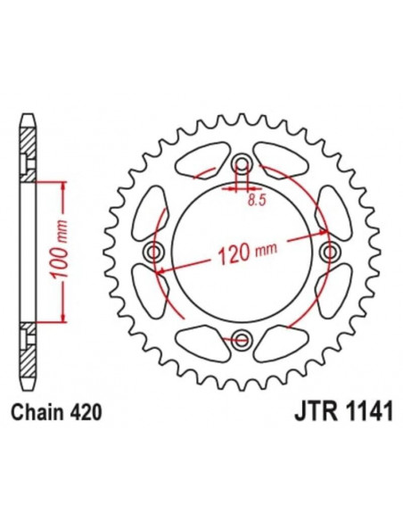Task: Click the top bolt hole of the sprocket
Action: [242, 166]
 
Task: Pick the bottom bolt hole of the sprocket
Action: [242, 338]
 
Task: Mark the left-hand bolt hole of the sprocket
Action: [156, 252]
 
